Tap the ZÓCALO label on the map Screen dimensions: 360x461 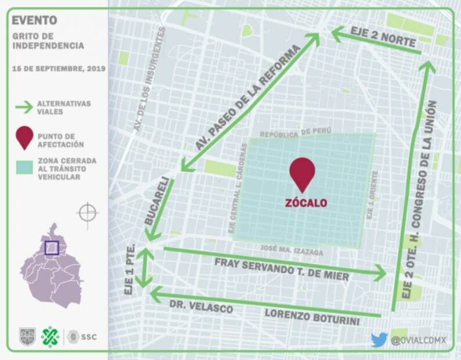[305, 203]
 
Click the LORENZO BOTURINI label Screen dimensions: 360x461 [312, 317]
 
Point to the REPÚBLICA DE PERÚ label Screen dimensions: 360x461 [295, 133]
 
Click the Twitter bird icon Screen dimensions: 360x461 [379, 340]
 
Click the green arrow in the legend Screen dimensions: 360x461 [24, 107]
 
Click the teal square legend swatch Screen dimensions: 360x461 [24, 168]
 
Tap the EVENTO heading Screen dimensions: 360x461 [34, 20]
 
